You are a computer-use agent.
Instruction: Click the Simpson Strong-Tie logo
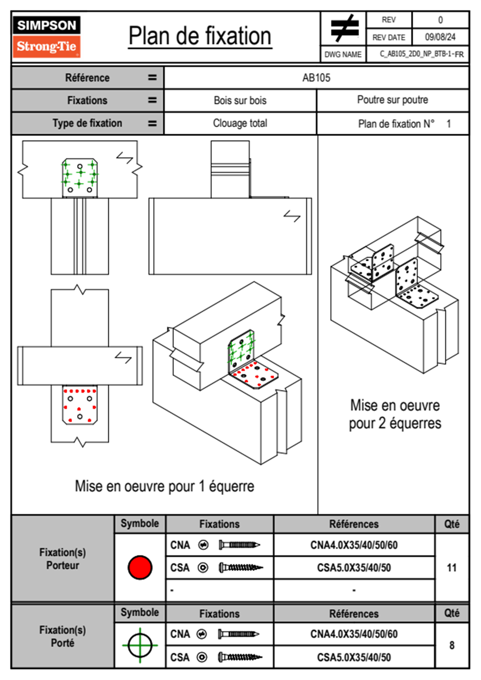tap(46, 37)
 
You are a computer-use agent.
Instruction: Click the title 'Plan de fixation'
tap(200, 36)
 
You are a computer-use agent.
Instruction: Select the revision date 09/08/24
tap(440, 37)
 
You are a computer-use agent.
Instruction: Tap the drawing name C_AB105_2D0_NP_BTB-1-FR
tap(421, 54)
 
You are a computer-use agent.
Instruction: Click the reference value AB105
tap(316, 78)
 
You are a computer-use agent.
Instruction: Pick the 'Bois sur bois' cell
tap(240, 100)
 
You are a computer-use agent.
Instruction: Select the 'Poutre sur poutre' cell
tap(392, 100)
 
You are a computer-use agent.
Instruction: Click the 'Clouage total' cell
tap(240, 123)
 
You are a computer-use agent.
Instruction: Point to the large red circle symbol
tap(140, 567)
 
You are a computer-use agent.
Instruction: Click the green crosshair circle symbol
tap(140, 645)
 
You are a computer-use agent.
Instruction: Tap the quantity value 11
tap(451, 568)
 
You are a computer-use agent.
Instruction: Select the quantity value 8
tap(451, 645)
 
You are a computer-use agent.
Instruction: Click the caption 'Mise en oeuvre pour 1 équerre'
tap(165, 486)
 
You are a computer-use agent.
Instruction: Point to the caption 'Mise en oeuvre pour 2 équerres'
tap(395, 414)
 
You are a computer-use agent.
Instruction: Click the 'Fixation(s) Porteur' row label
tap(63, 559)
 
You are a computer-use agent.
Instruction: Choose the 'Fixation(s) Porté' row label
tap(63, 636)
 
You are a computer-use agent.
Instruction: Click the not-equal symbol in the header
tap(344, 29)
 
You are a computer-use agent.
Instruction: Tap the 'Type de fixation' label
tap(87, 123)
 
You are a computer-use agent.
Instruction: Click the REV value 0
tap(440, 20)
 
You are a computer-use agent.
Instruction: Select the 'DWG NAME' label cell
tap(343, 54)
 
